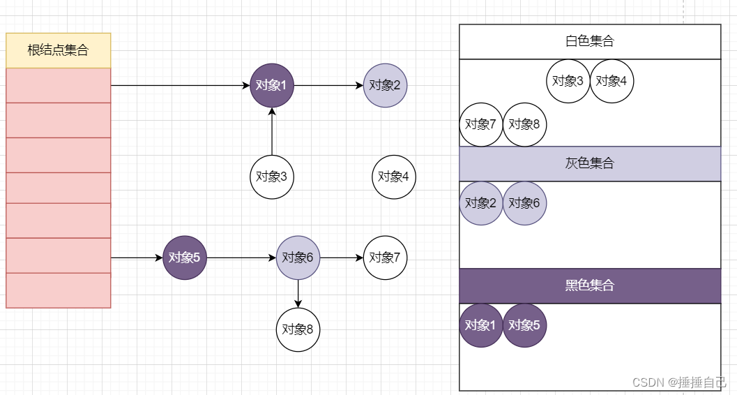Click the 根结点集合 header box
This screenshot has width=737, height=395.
[x=58, y=50]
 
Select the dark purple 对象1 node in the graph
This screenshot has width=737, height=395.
[x=272, y=86]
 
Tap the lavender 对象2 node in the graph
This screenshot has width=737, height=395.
[x=385, y=86]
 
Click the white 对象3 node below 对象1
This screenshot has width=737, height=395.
[x=272, y=177]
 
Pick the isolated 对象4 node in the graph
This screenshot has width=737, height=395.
[x=394, y=177]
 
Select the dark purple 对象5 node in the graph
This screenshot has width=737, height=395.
[x=185, y=258]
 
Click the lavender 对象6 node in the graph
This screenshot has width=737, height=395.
[x=298, y=258]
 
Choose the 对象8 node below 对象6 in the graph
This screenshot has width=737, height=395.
[x=298, y=329]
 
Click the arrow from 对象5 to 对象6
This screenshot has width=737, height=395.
[x=241, y=258]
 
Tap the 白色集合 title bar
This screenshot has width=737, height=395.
[x=590, y=42]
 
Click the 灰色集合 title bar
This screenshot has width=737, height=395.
[x=590, y=164]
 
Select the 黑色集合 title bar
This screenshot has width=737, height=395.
[x=590, y=286]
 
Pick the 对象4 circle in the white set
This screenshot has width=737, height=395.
[x=611, y=81]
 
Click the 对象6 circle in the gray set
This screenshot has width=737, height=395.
[x=524, y=203]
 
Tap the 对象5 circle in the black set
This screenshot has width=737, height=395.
[x=524, y=325]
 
